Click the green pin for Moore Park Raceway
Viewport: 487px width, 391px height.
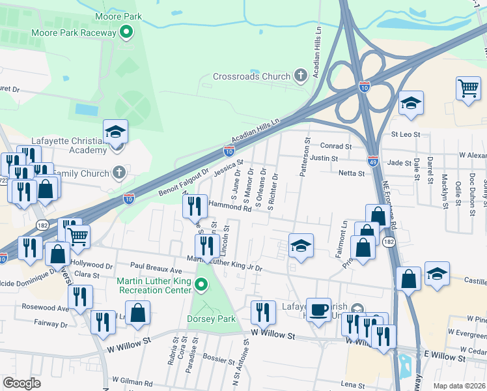pos(128,31)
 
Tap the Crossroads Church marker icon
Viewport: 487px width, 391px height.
pos(301,76)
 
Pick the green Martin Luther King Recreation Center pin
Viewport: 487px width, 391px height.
pos(201,285)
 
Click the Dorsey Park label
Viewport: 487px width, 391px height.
pos(210,319)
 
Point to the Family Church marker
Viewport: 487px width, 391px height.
pos(118,173)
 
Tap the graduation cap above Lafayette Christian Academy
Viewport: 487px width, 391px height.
pos(115,131)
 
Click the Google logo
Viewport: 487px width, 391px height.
pos(21,383)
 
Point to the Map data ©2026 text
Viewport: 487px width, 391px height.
pos(458,385)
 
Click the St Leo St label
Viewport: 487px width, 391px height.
pos(407,134)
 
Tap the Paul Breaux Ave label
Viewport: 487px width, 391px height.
pos(155,267)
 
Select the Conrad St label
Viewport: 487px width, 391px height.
pos(335,145)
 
